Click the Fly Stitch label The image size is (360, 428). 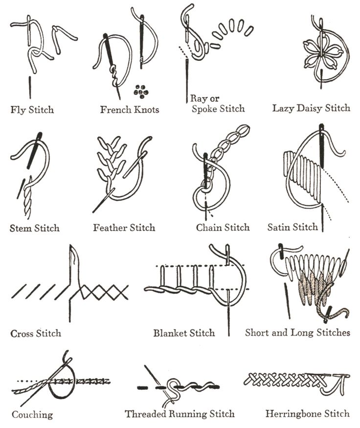pyautogui.click(x=32, y=110)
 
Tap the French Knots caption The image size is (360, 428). pyautogui.click(x=130, y=110)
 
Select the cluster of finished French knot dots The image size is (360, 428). pyautogui.click(x=141, y=91)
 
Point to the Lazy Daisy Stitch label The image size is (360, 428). pyautogui.click(x=311, y=108)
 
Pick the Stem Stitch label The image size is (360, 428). pyautogui.click(x=34, y=228)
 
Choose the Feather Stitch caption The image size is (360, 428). pyautogui.click(x=124, y=228)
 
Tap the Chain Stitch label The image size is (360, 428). pyautogui.click(x=223, y=227)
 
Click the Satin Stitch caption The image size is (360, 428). pyautogui.click(x=292, y=227)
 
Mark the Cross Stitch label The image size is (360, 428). pyautogui.click(x=36, y=333)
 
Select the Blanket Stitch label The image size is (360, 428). pyautogui.click(x=184, y=333)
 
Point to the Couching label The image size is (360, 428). pyautogui.click(x=32, y=415)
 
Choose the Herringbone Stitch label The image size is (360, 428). pyautogui.click(x=308, y=413)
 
